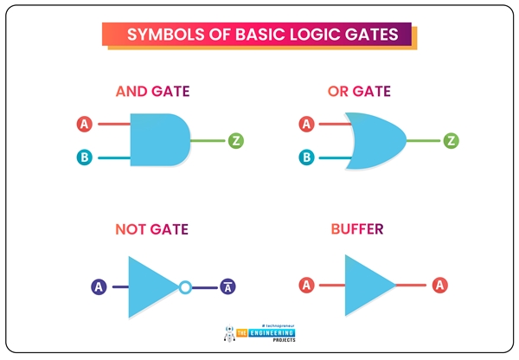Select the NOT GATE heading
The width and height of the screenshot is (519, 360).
[151, 230]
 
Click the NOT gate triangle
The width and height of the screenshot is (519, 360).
[152, 286]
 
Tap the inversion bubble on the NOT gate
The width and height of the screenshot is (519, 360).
[184, 286]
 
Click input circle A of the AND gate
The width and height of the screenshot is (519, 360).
[85, 125]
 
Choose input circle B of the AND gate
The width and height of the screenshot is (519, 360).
[85, 157]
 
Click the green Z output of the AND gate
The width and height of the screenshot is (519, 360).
[236, 140]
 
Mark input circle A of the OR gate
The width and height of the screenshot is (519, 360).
[306, 125]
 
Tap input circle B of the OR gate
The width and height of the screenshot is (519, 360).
[306, 157]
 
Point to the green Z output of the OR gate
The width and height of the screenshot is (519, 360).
[451, 140]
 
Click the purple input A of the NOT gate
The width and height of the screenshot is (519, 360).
[99, 286]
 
